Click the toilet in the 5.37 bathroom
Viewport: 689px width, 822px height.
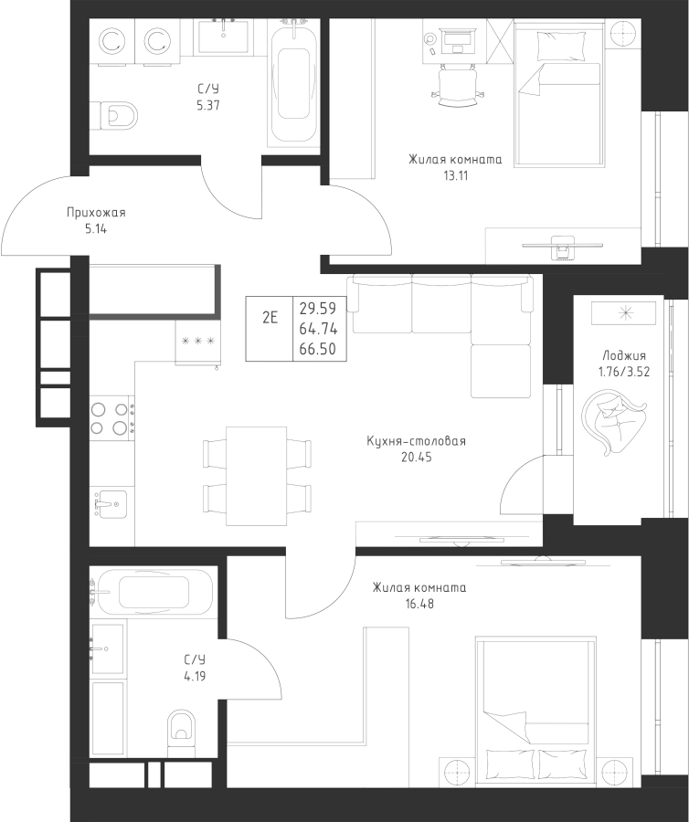pyautogui.click(x=118, y=116)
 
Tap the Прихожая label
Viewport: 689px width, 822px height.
pyautogui.click(x=96, y=213)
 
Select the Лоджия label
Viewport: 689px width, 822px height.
pyautogui.click(x=624, y=356)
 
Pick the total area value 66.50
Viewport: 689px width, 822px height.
pyautogui.click(x=317, y=350)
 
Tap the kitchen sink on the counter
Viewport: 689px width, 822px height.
pyautogui.click(x=111, y=503)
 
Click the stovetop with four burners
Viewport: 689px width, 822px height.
pyautogui.click(x=111, y=417)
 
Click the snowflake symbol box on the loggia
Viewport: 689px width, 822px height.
pyautogui.click(x=625, y=312)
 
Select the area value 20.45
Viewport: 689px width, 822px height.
pyautogui.click(x=416, y=458)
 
